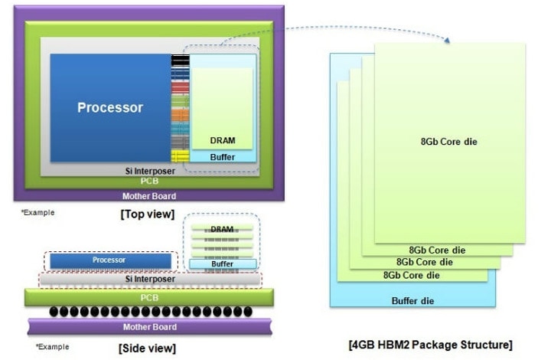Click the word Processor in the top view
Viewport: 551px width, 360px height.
(x=110, y=107)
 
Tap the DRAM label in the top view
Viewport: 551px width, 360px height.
(x=223, y=141)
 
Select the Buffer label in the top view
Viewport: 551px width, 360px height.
(x=223, y=157)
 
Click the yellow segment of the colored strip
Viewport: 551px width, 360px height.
(x=180, y=156)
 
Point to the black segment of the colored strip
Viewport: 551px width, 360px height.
(x=180, y=60)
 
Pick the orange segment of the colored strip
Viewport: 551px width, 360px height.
(x=180, y=115)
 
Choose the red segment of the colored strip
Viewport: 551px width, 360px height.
(x=180, y=87)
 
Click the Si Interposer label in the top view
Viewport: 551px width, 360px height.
(x=150, y=172)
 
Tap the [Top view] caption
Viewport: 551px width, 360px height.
(x=147, y=214)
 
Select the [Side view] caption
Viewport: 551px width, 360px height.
(x=147, y=349)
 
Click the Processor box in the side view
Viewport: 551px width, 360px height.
(x=110, y=261)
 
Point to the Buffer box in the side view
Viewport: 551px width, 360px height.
(x=223, y=264)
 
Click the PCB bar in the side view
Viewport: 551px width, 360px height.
(x=149, y=297)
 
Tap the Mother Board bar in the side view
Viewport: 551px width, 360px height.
(x=150, y=327)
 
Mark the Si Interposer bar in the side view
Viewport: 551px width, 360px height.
(x=150, y=279)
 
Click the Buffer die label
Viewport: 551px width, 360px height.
(x=412, y=301)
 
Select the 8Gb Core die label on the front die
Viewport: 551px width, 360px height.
(x=448, y=142)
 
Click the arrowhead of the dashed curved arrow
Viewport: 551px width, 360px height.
(x=447, y=40)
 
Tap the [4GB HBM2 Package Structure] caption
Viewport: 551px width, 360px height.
(x=430, y=345)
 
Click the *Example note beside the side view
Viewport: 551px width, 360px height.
(x=52, y=347)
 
